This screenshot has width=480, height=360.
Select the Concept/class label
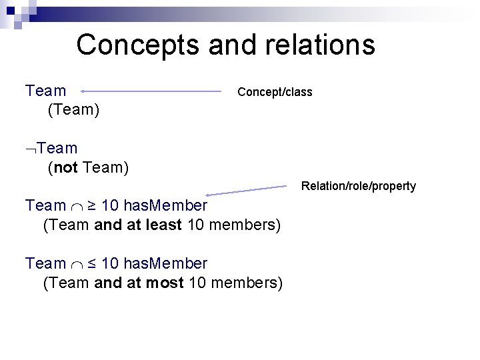click(275, 92)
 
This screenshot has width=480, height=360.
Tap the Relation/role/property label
click(359, 186)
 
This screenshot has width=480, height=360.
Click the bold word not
click(66, 167)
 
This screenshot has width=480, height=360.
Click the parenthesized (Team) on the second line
click(74, 109)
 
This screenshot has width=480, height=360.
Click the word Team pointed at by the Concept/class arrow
click(46, 91)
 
